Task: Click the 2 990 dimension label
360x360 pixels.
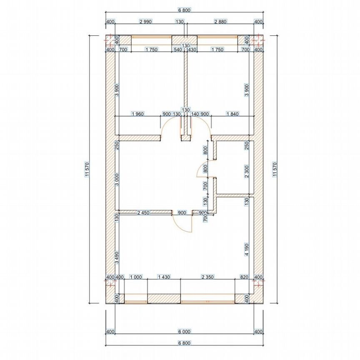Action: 145,22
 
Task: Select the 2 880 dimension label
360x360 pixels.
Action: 220,22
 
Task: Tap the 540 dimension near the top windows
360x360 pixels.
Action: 177,50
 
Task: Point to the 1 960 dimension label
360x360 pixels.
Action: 137,114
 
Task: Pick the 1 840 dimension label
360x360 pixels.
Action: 232,114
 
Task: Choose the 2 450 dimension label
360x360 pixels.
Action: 143,213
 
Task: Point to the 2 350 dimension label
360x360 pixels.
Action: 208,277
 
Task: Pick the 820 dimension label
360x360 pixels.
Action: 244,277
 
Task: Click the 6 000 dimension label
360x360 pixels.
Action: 184,332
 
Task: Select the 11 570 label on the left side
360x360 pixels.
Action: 87,169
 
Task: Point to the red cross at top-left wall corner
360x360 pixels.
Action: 110,40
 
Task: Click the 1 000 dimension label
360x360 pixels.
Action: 136,277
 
